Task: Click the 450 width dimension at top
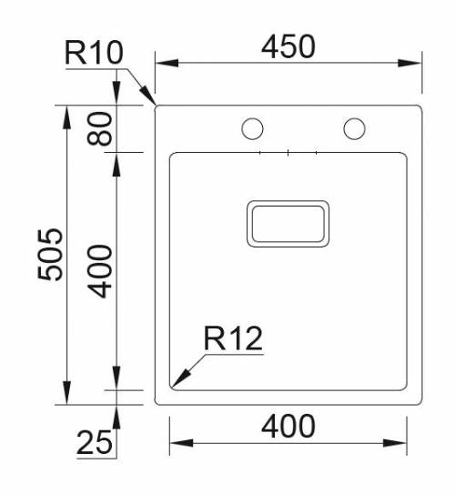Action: click(288, 45)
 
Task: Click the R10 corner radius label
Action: click(93, 53)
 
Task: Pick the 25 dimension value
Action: click(95, 443)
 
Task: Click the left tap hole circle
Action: click(252, 129)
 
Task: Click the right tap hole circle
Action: click(354, 129)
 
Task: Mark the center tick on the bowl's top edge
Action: click(288, 153)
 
